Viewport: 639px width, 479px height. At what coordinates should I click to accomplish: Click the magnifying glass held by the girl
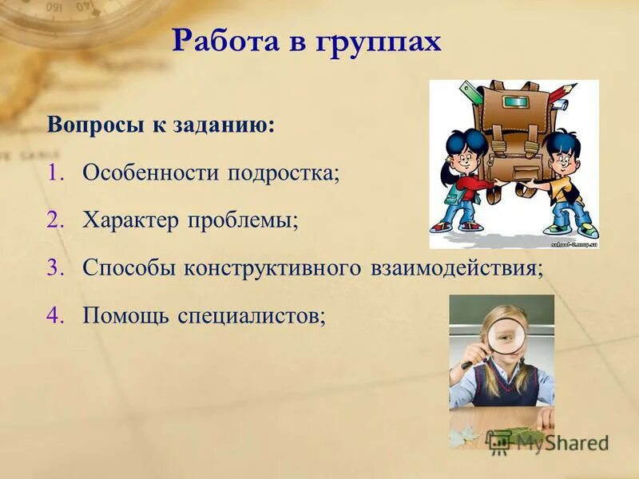pos(503,333)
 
